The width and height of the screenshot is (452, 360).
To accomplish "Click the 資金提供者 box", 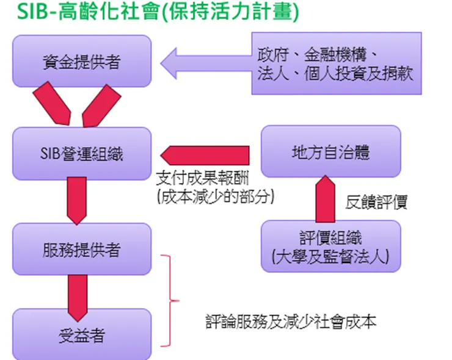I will pyautogui.click(x=81, y=61).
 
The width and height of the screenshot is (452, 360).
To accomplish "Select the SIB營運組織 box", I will pyautogui.click(x=81, y=154).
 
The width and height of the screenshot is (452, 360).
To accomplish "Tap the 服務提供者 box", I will pyautogui.click(x=81, y=249).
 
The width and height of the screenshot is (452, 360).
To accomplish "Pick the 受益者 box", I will pyautogui.click(x=81, y=334).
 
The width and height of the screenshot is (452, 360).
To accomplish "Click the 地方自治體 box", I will pyautogui.click(x=330, y=151).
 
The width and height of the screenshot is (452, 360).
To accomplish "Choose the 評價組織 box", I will pyautogui.click(x=330, y=246).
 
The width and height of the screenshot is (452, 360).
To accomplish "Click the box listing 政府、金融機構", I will pyautogui.click(x=335, y=64).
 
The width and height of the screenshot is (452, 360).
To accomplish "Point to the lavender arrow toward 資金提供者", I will pyautogui.click(x=205, y=64).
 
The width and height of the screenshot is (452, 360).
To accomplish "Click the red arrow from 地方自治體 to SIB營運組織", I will pyautogui.click(x=205, y=155).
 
